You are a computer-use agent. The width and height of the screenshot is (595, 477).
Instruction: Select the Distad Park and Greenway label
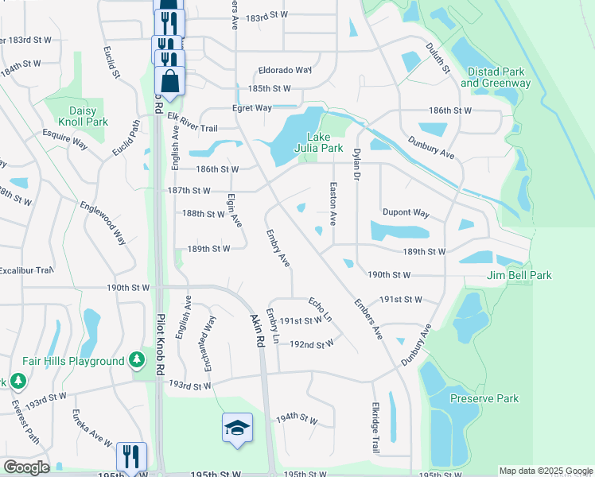(495, 77)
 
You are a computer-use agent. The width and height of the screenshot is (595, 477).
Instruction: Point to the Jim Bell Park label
(519, 275)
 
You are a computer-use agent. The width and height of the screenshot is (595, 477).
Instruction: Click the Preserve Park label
(484, 398)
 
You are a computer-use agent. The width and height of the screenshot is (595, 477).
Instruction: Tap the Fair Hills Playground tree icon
(138, 361)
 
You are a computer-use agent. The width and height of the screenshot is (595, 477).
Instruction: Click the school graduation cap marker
(237, 429)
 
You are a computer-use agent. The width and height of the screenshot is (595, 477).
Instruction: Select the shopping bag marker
(170, 80)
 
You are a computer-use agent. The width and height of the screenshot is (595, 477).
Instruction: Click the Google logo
(25, 467)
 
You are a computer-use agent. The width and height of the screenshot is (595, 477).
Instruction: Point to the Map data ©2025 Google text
(545, 471)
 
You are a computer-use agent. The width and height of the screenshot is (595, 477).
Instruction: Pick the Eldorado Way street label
(284, 69)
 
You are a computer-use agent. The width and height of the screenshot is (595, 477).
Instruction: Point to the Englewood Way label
(103, 221)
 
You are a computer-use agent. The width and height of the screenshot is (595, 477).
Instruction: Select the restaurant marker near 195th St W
(131, 456)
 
